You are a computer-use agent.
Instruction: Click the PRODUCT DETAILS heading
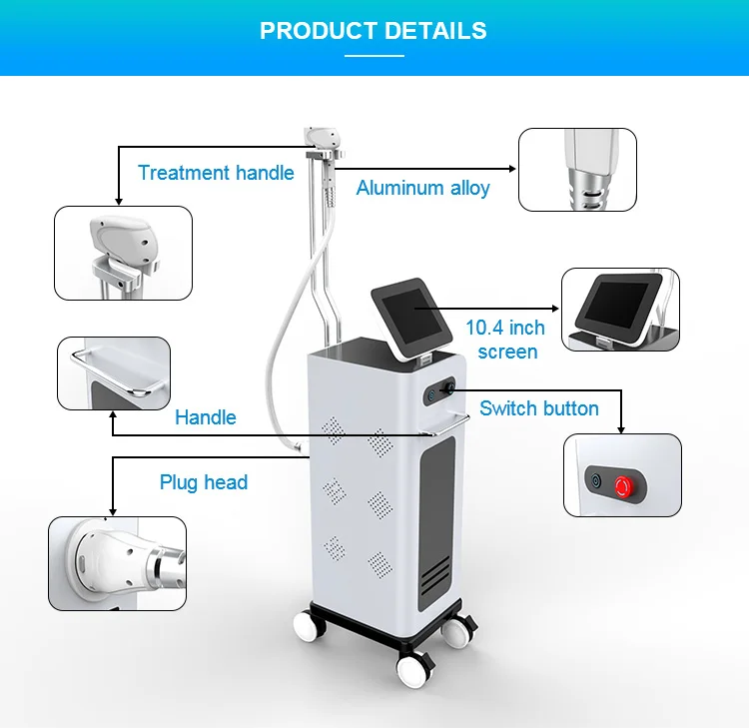coord(374,30)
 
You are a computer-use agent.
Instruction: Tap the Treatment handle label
coord(216,173)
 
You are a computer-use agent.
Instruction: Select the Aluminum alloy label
coord(422,188)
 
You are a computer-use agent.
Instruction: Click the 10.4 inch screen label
coord(505,340)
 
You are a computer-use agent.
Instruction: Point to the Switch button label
coord(539,407)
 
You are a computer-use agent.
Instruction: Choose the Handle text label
coord(205,417)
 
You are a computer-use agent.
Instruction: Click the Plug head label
coord(204,482)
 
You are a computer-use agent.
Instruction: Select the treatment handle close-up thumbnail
coord(123,253)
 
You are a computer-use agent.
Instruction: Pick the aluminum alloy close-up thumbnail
coord(577,169)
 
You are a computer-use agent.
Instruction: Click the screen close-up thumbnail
coord(620,309)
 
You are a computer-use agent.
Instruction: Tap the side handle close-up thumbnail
coord(113,372)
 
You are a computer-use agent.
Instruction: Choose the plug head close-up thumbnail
coord(118,563)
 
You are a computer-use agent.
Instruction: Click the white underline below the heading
coord(374,56)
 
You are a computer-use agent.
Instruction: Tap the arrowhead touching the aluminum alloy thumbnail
coord(512,169)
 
